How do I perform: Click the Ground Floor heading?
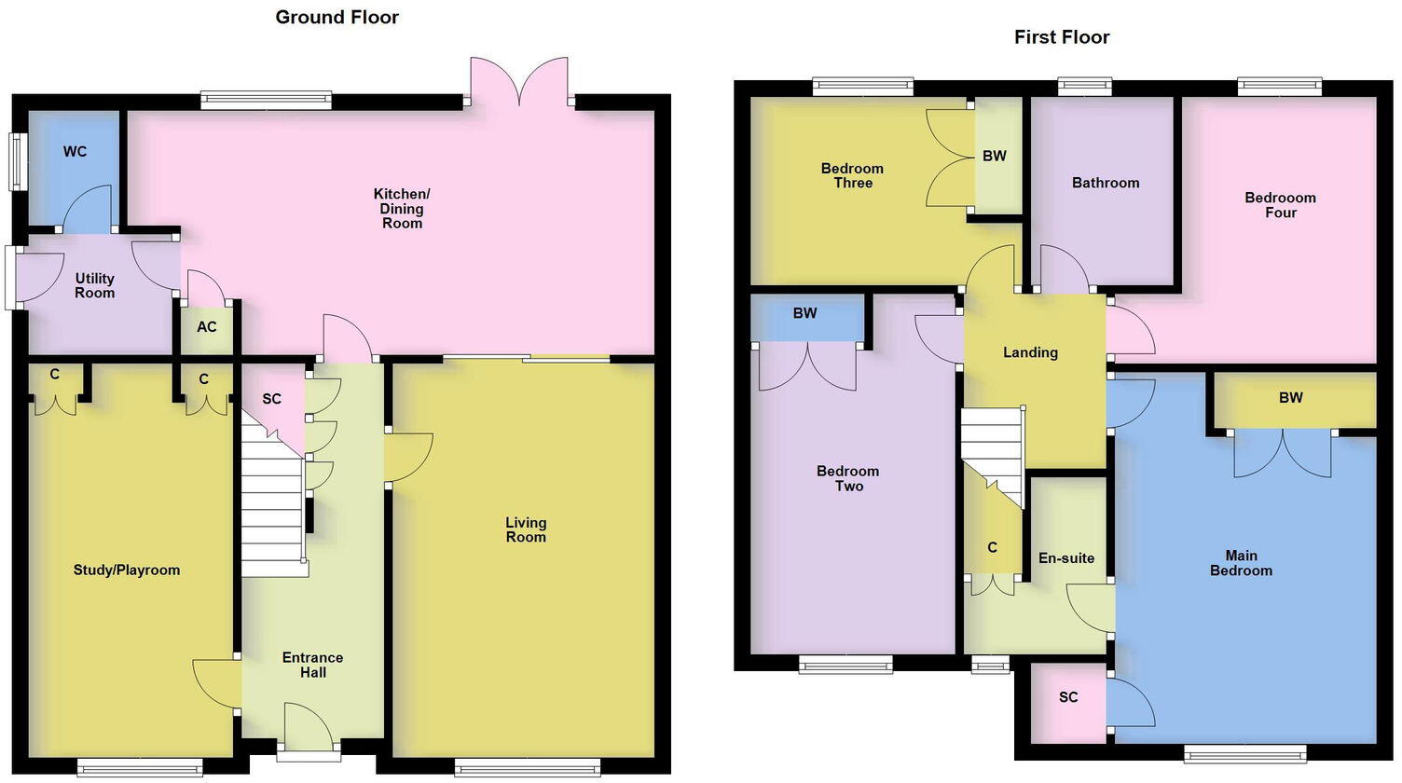point(337,17)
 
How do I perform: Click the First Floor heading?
point(1062,37)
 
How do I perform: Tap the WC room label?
point(75,151)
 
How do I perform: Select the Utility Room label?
point(94,285)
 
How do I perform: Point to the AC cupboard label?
point(206,326)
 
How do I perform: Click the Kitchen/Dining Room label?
point(402,208)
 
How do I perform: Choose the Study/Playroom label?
point(127,570)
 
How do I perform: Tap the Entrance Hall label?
point(312,665)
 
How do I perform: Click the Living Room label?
point(526,529)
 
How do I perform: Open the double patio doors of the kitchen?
point(519,81)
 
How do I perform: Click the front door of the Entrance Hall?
point(309,727)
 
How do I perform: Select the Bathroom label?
point(1105,183)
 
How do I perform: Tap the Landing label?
point(1030,352)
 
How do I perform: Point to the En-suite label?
point(1066,557)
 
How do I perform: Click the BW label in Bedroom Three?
point(995,156)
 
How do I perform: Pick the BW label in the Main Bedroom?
point(1290,398)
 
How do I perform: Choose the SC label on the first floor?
point(1068,697)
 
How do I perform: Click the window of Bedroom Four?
point(1279,88)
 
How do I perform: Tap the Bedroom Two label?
point(848,478)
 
